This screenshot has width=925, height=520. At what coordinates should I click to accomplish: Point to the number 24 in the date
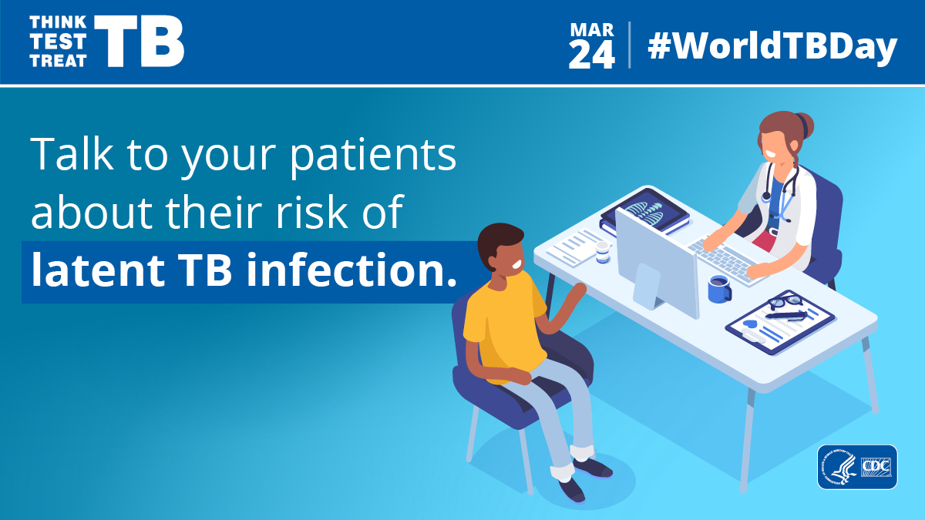point(592,55)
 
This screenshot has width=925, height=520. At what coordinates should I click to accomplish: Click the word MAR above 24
point(592,30)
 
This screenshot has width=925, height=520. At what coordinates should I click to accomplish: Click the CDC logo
point(877,468)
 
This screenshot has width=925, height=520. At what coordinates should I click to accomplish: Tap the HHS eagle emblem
point(838,468)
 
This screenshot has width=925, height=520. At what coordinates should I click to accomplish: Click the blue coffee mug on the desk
point(719,289)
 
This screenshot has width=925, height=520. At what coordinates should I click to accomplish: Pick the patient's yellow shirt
point(501,324)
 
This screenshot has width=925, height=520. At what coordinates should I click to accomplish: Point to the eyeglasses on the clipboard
point(785,303)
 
